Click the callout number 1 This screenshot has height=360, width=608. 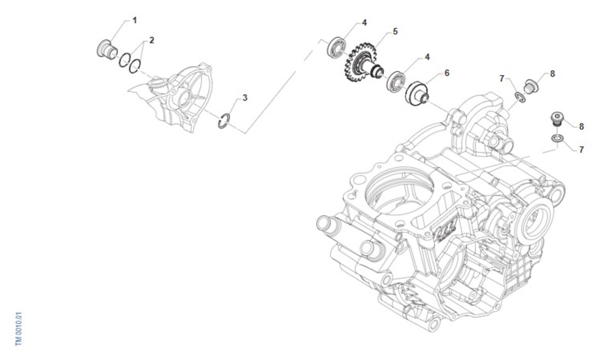tap(135, 20)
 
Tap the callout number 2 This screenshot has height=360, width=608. tap(151, 40)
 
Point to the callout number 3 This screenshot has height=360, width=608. tap(245, 98)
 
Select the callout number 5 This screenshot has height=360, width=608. tap(395, 31)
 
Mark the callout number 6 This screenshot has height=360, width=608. tap(447, 73)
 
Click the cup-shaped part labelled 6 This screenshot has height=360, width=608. tap(417, 94)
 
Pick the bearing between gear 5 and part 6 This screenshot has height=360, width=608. tap(396, 81)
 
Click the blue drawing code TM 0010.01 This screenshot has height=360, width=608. tap(18, 329)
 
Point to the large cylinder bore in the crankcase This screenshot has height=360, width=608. tap(399, 190)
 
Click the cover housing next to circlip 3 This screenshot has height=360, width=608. tap(174, 98)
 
